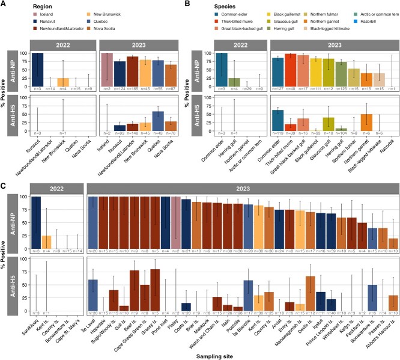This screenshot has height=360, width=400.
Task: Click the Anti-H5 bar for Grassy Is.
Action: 155,290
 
